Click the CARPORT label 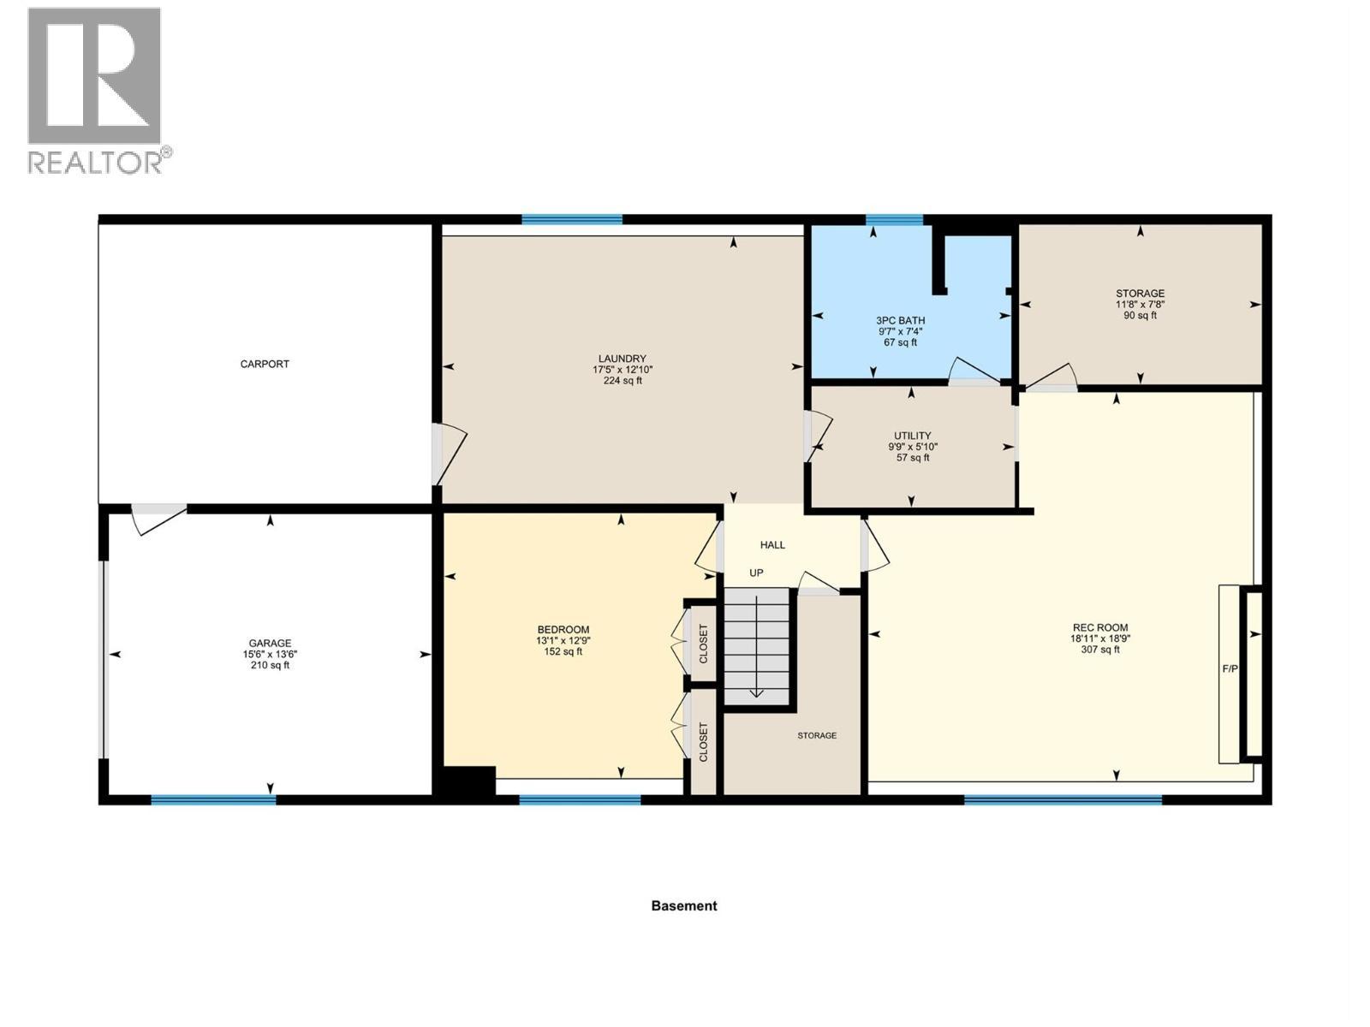click(265, 365)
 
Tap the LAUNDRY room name click(622, 359)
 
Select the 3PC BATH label click(900, 320)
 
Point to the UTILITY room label click(913, 436)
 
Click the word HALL click(772, 545)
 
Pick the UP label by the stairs click(756, 573)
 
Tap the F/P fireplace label click(1230, 669)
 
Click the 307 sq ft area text click(1100, 650)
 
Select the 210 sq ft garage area click(270, 665)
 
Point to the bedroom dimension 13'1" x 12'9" click(563, 640)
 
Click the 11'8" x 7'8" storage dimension click(1140, 305)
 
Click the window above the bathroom click(894, 219)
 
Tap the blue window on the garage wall click(213, 800)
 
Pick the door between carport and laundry click(449, 454)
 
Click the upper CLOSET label click(703, 644)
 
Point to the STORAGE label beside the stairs click(816, 736)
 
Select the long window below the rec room click(1063, 800)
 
